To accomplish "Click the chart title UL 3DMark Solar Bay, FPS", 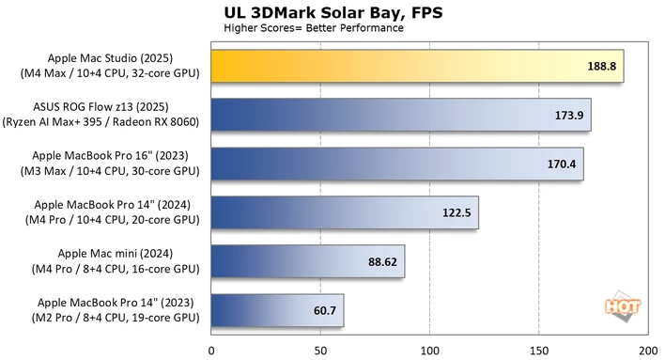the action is click(333, 13).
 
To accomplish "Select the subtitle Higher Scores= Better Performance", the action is click(314, 28).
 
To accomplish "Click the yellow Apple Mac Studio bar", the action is click(417, 66).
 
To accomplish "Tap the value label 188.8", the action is click(601, 66).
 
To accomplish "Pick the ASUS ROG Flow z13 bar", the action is click(401, 115).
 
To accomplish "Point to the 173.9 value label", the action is click(569, 115).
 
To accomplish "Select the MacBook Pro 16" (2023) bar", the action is click(397, 164).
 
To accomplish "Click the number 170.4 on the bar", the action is click(562, 164).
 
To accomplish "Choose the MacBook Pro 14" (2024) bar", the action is click(345, 212).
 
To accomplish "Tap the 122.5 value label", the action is click(456, 212).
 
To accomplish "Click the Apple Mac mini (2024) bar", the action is click(308, 261).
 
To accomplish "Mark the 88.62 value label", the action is click(382, 262).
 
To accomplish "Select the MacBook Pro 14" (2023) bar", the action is click(277, 310).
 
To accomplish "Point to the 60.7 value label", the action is click(325, 311).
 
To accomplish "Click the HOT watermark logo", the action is click(623, 306).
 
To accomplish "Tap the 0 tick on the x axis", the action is click(211, 352).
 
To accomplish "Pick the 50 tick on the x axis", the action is click(320, 352).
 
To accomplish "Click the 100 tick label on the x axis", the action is click(429, 352).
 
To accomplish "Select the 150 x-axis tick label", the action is click(539, 352).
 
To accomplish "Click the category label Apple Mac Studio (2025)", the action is click(110, 58).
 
